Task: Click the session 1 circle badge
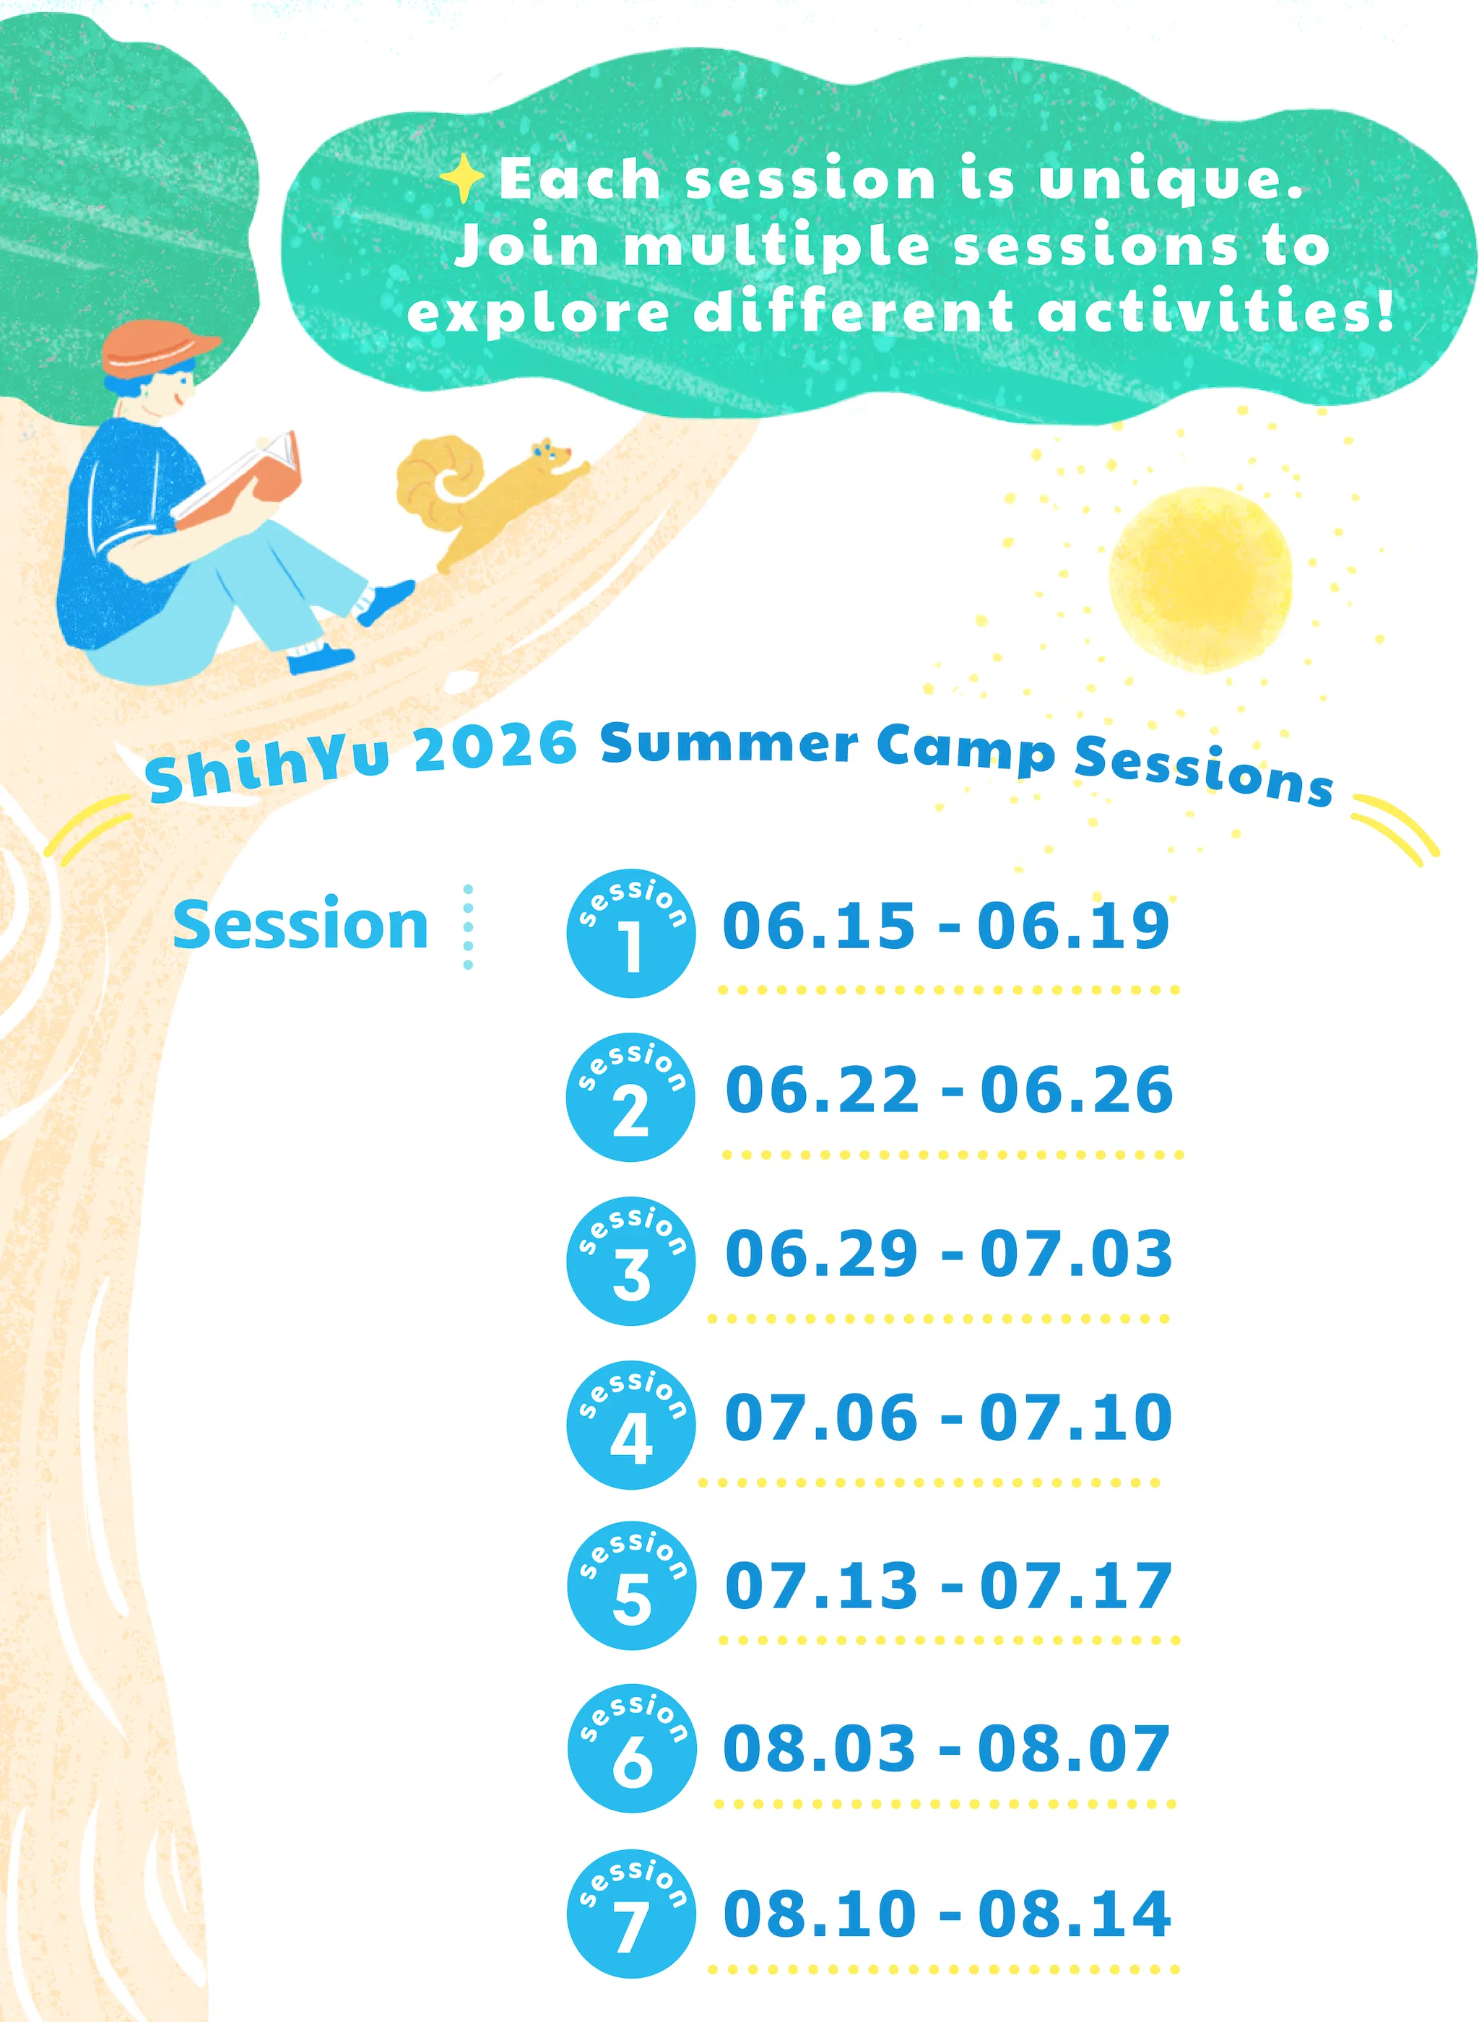pos(631,933)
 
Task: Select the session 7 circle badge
pos(631,1914)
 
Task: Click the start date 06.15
pos(819,926)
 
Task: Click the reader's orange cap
pos(157,347)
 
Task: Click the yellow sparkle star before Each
pos(463,178)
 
